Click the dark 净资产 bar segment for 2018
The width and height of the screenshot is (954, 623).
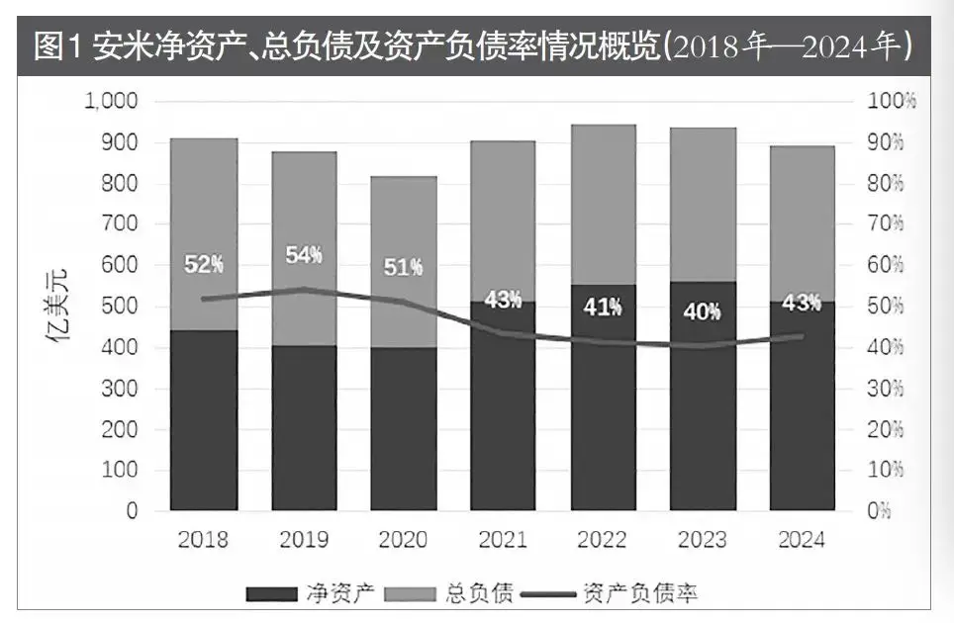point(203,420)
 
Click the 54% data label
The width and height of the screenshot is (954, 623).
point(304,254)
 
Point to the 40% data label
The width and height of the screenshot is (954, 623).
point(702,311)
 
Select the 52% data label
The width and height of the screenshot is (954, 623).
point(204,264)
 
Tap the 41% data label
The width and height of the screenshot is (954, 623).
point(603,308)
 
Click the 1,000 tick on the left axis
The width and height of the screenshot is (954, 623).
point(111,102)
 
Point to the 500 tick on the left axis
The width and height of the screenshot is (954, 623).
point(121,307)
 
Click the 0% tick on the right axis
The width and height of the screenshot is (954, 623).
point(880,511)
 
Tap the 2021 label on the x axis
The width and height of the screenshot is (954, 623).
point(503,540)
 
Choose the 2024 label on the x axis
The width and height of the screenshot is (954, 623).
point(802,540)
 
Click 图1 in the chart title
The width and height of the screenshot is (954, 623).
point(59,46)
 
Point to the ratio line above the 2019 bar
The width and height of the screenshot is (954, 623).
point(304,290)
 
